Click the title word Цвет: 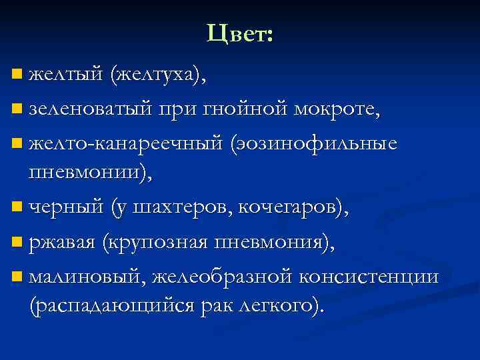(x=240, y=33)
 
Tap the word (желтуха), (x=159, y=74)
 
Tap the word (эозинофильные (x=314, y=143)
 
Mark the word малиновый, (x=88, y=277)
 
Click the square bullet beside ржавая (x=17, y=243)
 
